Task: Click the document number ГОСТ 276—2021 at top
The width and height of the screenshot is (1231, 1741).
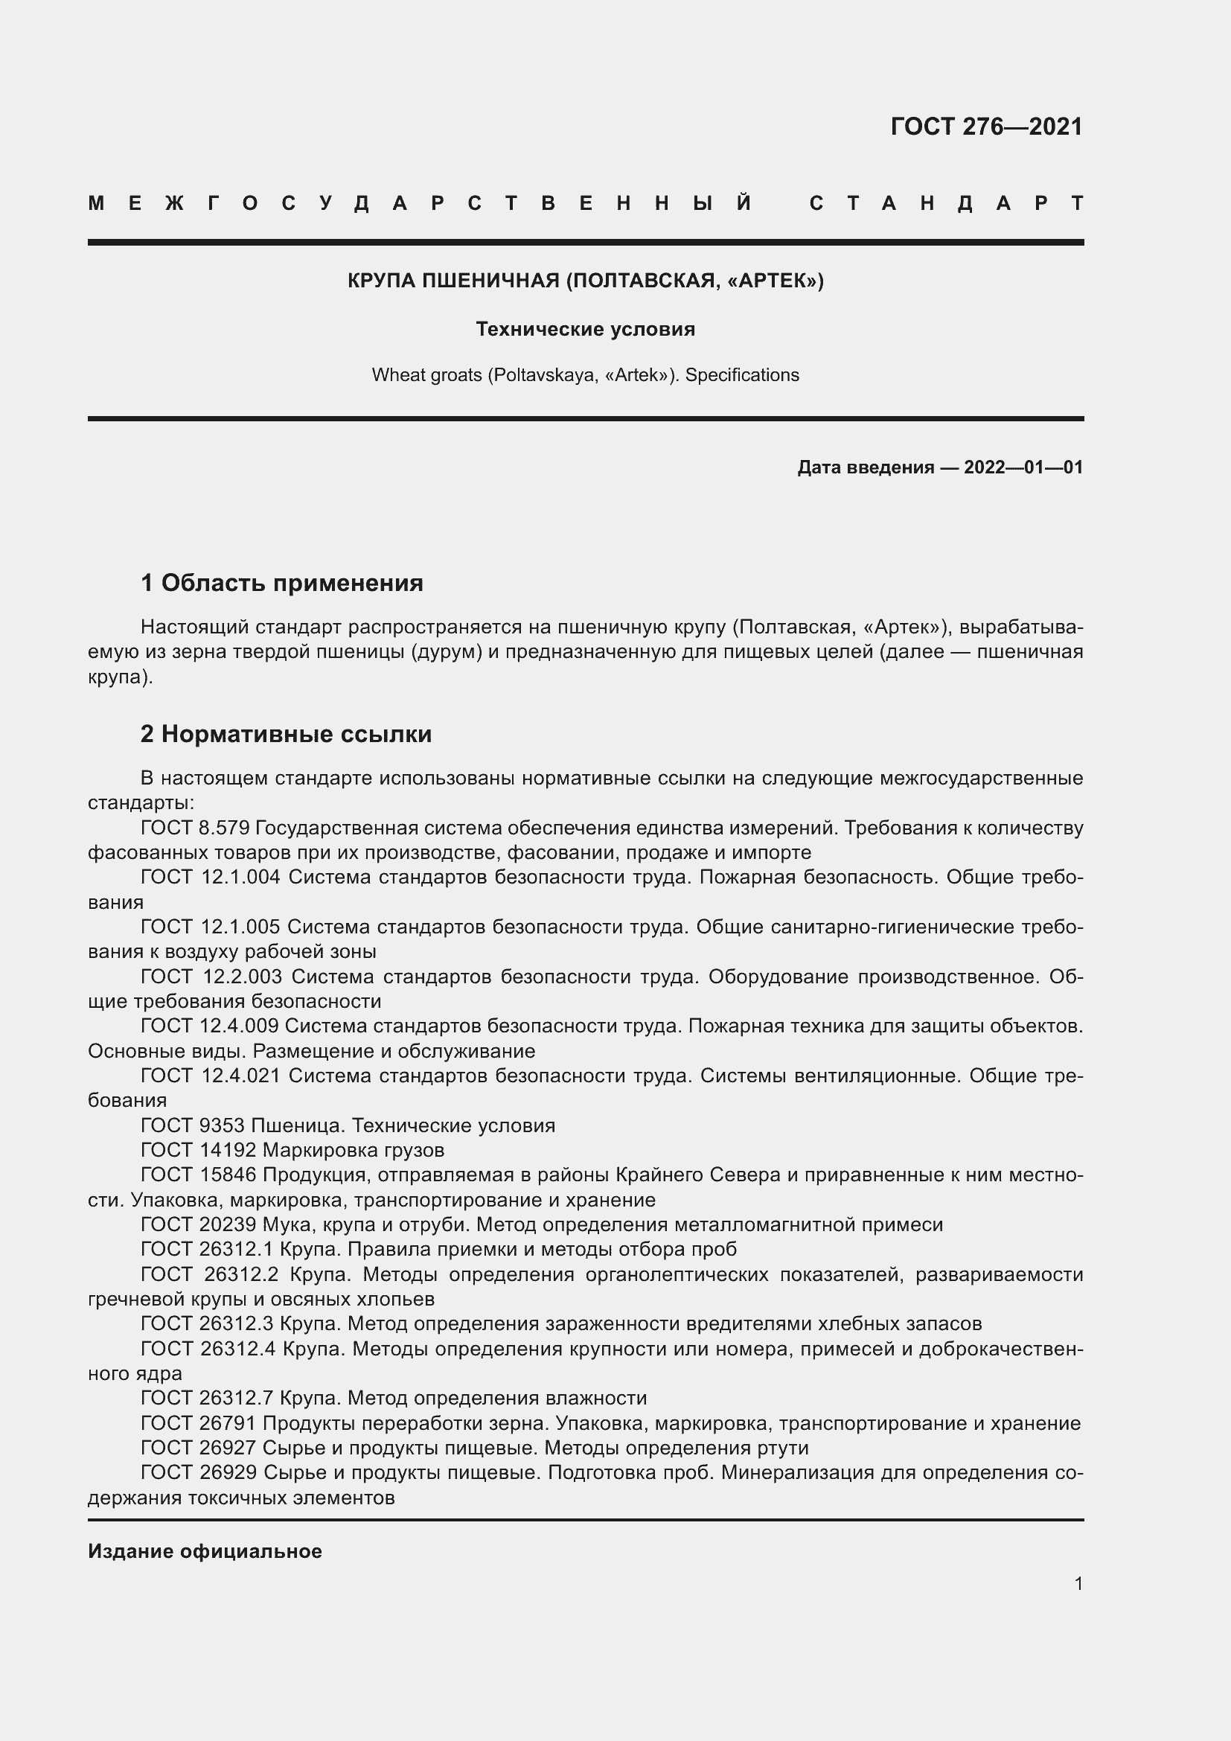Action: [x=986, y=127]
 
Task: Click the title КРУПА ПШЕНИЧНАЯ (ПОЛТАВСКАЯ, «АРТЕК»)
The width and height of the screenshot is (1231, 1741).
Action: [x=585, y=281]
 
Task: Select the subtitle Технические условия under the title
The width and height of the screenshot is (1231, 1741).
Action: [x=585, y=329]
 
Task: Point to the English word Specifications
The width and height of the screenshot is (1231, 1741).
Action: [x=741, y=375]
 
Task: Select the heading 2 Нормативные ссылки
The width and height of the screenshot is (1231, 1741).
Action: [x=286, y=733]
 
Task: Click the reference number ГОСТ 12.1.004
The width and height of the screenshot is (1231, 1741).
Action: [x=210, y=877]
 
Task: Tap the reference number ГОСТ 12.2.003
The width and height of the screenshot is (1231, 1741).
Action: [x=211, y=976]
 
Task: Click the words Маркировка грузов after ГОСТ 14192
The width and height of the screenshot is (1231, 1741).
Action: [x=354, y=1150]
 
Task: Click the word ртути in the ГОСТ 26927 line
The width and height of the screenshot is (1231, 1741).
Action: [x=782, y=1448]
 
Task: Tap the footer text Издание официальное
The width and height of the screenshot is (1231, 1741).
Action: [x=205, y=1550]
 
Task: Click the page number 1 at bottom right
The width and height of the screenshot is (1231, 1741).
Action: [x=1078, y=1583]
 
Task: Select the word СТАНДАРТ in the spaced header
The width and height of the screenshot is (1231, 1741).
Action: [x=946, y=203]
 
